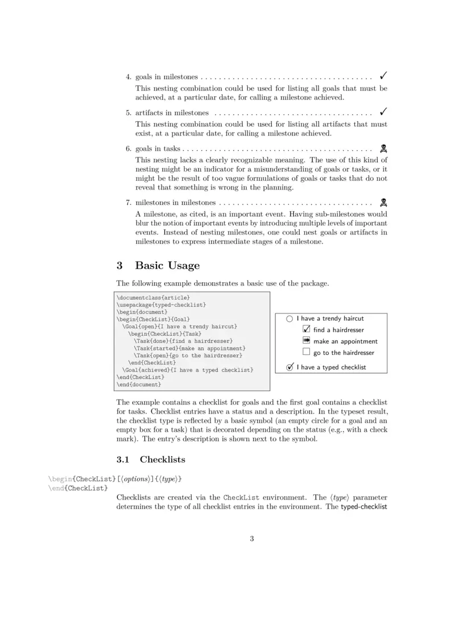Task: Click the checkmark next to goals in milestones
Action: [384, 76]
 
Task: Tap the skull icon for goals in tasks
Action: [383, 148]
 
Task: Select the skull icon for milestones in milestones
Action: [383, 202]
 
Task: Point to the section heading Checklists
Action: [162, 459]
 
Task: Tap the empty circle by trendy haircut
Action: [289, 319]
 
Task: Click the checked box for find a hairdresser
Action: [306, 329]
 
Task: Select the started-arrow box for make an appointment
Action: [306, 341]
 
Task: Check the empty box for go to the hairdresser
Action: [306, 352]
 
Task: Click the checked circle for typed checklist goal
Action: [289, 367]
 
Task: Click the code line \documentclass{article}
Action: [153, 298]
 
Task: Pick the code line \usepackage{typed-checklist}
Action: [162, 305]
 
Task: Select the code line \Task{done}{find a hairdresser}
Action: [183, 341]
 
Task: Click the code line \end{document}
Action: [140, 385]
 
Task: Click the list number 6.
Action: [128, 148]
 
